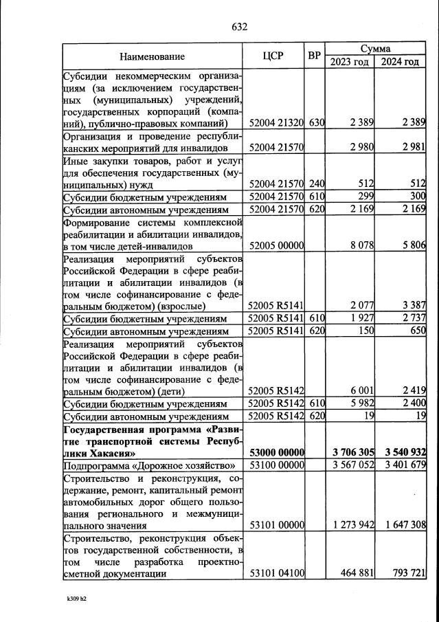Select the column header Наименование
coord(152,56)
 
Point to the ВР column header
coord(314,56)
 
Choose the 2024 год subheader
coord(400,63)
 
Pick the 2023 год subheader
coord(349,63)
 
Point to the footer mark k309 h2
coord(76,599)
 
